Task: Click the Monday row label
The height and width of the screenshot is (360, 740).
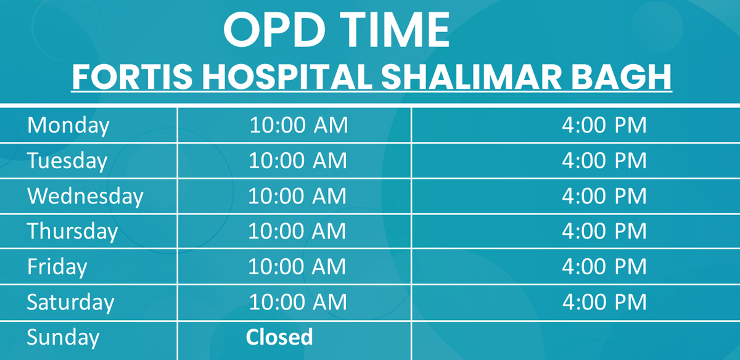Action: pyautogui.click(x=68, y=126)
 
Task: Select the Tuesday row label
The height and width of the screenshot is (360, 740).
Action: pyautogui.click(x=67, y=161)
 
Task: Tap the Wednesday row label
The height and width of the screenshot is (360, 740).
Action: pyautogui.click(x=85, y=197)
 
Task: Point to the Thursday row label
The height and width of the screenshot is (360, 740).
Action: pyautogui.click(x=72, y=232)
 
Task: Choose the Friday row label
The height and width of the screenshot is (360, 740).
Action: pyautogui.click(x=57, y=267)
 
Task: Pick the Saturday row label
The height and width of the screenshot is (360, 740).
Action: pyautogui.click(x=70, y=303)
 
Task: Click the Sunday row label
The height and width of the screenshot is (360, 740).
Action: pyautogui.click(x=63, y=338)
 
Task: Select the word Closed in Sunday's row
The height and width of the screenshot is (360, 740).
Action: pyautogui.click(x=279, y=337)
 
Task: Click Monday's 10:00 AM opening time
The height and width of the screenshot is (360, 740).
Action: pyautogui.click(x=298, y=125)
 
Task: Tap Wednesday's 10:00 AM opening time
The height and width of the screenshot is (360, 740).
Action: pyautogui.click(x=297, y=196)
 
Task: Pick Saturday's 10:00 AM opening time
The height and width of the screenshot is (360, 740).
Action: pyautogui.click(x=298, y=302)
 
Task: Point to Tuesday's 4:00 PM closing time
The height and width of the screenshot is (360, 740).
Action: pyautogui.click(x=604, y=161)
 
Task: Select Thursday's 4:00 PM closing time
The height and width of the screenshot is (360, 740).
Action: pyautogui.click(x=604, y=231)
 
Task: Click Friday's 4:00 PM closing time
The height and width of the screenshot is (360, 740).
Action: pyautogui.click(x=604, y=266)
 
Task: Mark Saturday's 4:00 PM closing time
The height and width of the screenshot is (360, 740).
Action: pyautogui.click(x=604, y=302)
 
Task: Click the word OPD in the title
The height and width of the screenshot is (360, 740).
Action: pyautogui.click(x=274, y=30)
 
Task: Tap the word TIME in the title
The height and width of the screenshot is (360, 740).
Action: pyautogui.click(x=395, y=30)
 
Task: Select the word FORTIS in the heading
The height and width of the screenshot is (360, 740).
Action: pyautogui.click(x=132, y=77)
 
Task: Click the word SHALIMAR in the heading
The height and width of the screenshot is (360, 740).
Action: pyautogui.click(x=471, y=77)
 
